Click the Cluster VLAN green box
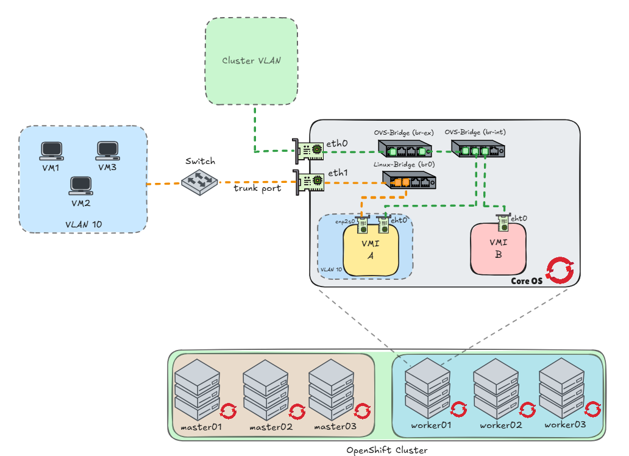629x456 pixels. [x=251, y=61]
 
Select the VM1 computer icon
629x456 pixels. [x=51, y=150]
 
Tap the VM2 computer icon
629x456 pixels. [x=80, y=185]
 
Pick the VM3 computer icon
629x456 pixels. [x=107, y=150]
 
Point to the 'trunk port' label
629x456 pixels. [x=257, y=189]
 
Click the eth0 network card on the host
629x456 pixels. [x=308, y=149]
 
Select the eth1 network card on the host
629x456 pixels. [x=308, y=181]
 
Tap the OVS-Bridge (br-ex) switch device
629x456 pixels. [x=404, y=149]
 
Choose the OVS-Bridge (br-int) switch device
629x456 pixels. [x=477, y=149]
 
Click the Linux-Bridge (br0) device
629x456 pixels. [x=409, y=180]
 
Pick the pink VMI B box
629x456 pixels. [x=498, y=249]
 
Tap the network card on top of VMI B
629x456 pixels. [x=503, y=223]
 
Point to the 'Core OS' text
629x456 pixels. [x=526, y=280]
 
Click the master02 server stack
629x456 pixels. [x=266, y=388]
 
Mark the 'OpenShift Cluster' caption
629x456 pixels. [x=386, y=450]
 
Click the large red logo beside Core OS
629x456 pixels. [x=560, y=271]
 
